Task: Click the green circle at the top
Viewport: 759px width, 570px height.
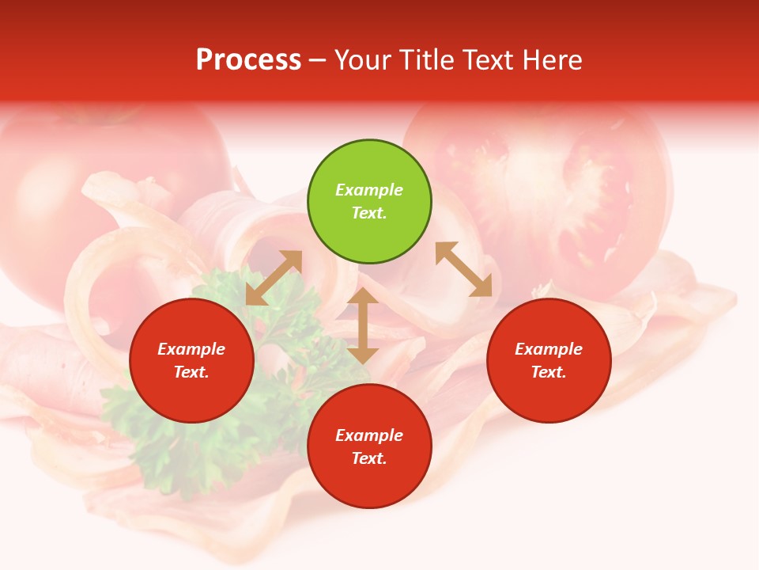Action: click(369, 202)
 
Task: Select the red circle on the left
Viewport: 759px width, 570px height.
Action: click(191, 360)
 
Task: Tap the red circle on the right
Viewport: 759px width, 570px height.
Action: click(549, 360)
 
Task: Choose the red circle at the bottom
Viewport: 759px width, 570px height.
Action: click(369, 446)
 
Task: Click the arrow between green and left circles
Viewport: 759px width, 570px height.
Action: click(274, 277)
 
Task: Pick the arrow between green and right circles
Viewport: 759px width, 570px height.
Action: click(464, 269)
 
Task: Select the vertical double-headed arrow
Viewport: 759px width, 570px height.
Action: click(363, 325)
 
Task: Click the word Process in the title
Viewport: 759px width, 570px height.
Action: click(248, 59)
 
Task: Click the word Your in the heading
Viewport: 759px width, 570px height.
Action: click(363, 59)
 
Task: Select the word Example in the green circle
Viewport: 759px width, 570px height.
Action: click(369, 190)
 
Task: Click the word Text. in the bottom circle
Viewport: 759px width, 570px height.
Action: click(369, 458)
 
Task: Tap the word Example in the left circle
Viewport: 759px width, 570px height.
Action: click(191, 349)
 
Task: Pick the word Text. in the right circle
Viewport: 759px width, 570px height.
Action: click(549, 372)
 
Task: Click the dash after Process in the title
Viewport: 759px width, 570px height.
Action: click(317, 60)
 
